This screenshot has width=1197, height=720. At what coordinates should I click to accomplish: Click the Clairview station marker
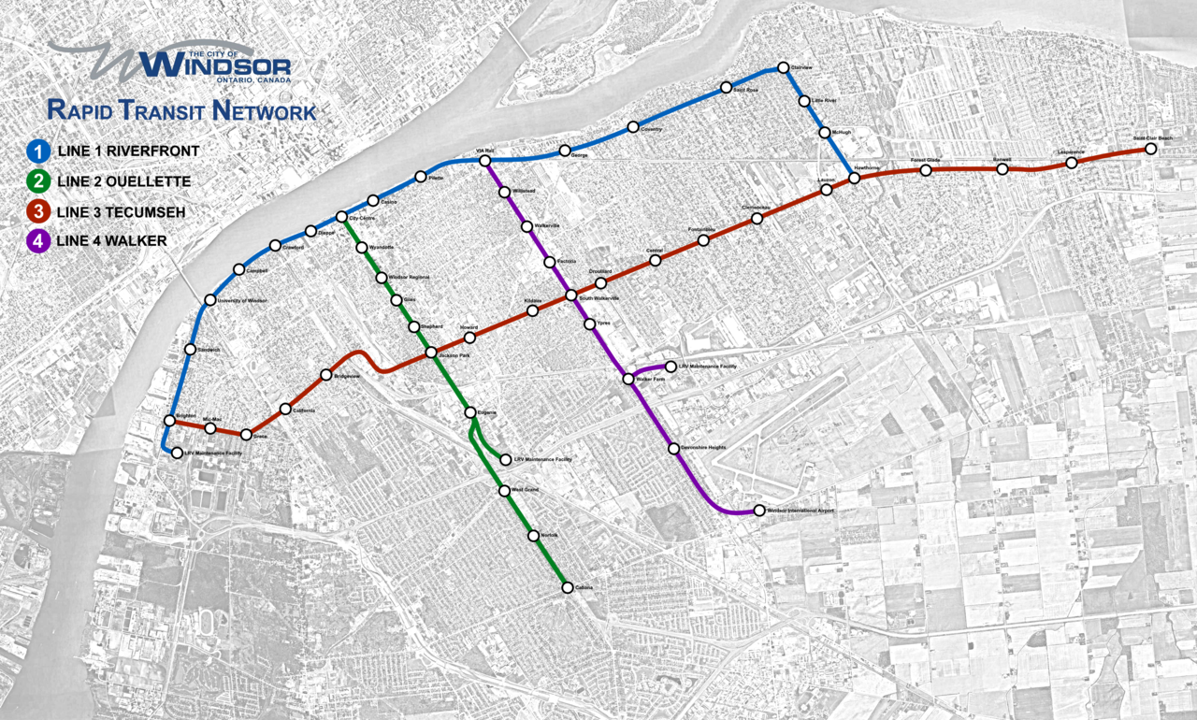coord(784,68)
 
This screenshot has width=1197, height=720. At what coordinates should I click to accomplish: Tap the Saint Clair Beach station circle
coord(1151,149)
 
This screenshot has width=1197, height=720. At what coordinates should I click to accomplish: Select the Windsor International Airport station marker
coord(758,511)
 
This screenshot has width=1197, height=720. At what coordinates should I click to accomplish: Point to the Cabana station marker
coord(567,587)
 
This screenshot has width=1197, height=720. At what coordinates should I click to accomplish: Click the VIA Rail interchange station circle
coord(485,161)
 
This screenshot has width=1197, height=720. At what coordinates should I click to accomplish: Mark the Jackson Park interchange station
coord(431,353)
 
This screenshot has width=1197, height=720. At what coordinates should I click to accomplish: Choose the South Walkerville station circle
coord(570,297)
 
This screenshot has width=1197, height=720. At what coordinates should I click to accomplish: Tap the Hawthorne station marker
coord(854,177)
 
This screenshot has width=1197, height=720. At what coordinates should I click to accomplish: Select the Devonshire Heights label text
coord(703,448)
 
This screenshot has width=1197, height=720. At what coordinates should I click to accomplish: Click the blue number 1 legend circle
coord(38,150)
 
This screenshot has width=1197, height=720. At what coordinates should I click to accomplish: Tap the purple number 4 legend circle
coord(38,241)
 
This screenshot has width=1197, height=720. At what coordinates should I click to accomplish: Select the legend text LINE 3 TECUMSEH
coord(121,211)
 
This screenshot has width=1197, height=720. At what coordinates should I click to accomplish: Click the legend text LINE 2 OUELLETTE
coord(123,181)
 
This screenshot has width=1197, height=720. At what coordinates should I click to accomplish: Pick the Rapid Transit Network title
coord(181,111)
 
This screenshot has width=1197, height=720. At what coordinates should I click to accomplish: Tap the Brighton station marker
coord(170,420)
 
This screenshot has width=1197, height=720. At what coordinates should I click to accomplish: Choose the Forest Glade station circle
coord(926,170)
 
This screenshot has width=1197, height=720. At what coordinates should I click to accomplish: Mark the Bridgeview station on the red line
coord(325,375)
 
